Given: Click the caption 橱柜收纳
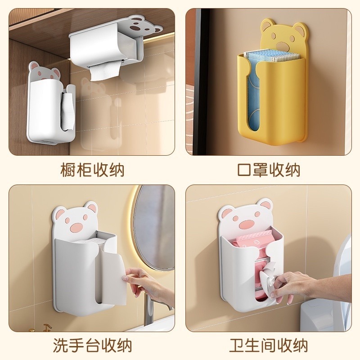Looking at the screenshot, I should point(92,170).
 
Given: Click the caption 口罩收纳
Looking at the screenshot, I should point(268,170).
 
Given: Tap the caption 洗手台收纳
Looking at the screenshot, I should point(92,346).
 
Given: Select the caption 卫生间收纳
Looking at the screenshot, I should point(268,346).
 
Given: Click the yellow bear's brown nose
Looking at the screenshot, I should point(283,45).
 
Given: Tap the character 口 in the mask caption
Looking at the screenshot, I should point(243,170).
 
